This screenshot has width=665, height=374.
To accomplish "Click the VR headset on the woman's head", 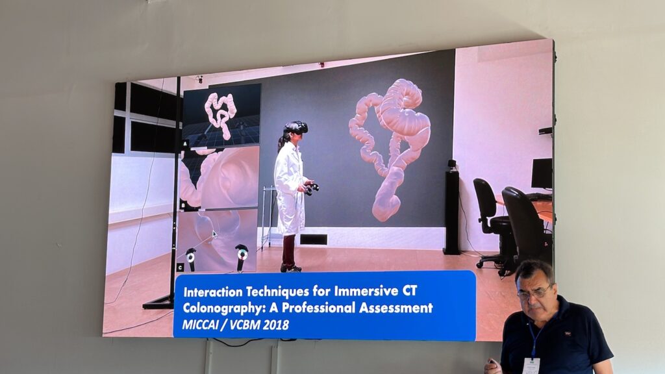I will (x=296, y=127).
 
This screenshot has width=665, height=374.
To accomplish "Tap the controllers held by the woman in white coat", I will (x=312, y=188).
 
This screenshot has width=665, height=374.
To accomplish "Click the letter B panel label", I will (x=184, y=206).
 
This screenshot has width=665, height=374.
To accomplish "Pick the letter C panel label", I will (x=181, y=267).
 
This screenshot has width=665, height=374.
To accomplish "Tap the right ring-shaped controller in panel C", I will (x=242, y=254).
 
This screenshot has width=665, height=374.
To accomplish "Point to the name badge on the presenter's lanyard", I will (x=531, y=366).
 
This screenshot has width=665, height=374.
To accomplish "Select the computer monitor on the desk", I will (x=542, y=173).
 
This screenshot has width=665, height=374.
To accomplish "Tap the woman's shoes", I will (x=290, y=268).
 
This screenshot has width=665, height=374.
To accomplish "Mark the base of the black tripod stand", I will (x=159, y=301).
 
